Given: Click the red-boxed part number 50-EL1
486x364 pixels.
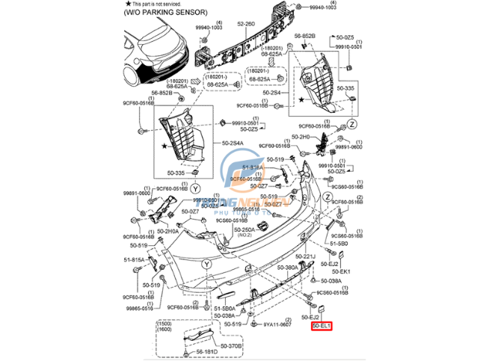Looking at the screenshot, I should point(322,327).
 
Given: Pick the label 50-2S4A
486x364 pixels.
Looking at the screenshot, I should point(233,143).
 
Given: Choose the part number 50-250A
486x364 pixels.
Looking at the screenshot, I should point(243,229).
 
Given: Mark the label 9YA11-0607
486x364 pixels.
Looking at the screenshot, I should point(278,324).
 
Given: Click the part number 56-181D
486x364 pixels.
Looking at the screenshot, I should point(206,351).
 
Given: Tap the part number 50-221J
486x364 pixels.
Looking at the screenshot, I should point(307,256).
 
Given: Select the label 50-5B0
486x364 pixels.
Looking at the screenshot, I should point(338,244).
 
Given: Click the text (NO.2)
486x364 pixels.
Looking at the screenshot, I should point(244,236).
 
